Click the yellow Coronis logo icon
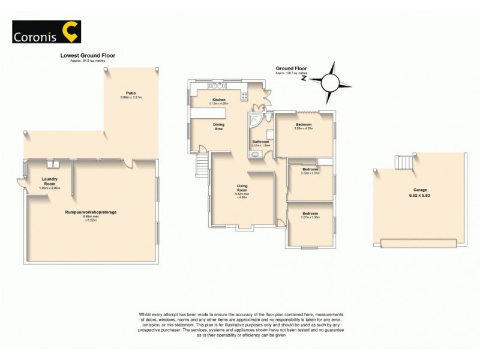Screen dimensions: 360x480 point(71,32)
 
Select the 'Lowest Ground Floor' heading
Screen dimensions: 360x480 point(88,55)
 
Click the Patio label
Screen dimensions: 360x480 point(131,93)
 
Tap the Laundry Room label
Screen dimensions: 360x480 point(49,181)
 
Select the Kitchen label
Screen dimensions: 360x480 point(218,100)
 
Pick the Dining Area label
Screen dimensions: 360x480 point(219,127)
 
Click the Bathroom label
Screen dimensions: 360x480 point(260,142)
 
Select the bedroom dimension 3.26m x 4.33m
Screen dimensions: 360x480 point(304,128)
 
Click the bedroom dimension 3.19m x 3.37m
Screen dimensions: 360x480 point(310,173)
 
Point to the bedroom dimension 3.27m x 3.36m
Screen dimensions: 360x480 point(310,217)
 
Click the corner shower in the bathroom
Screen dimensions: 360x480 point(256,119)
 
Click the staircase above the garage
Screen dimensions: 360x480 point(405,162)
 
